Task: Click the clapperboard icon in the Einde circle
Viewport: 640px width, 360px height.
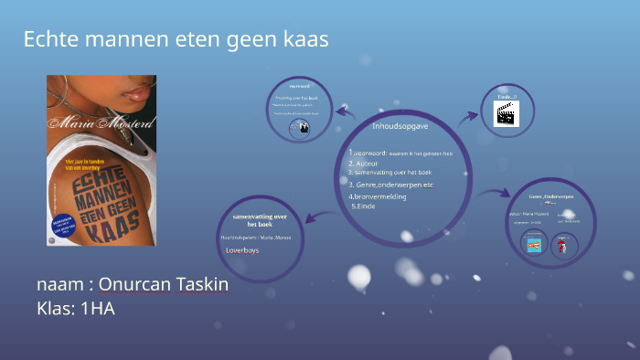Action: tap(507, 113)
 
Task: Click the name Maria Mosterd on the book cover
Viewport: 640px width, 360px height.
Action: tap(101, 123)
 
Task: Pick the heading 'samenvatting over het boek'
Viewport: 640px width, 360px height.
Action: tap(261, 219)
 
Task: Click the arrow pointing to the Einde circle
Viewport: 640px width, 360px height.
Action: tap(469, 117)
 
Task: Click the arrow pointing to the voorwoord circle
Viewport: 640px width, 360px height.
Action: tap(346, 111)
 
